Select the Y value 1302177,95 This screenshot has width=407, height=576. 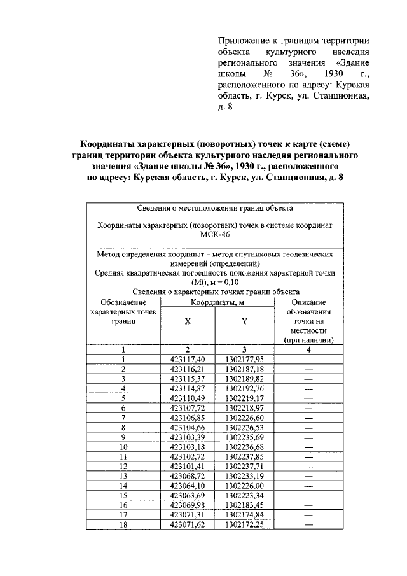pyautogui.click(x=244, y=359)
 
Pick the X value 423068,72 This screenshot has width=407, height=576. pyautogui.click(x=188, y=475)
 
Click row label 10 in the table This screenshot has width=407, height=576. pyautogui.click(x=123, y=446)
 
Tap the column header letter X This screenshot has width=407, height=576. pyautogui.click(x=188, y=321)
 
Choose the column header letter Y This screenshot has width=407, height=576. pyautogui.click(x=244, y=321)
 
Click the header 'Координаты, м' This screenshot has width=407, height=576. pyautogui.click(x=216, y=302)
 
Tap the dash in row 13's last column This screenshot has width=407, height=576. pyautogui.click(x=309, y=475)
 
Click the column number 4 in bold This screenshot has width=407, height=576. pyautogui.click(x=309, y=349)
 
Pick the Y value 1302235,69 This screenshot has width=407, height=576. pyautogui.click(x=244, y=437)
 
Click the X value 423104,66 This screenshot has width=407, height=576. pyautogui.click(x=188, y=427)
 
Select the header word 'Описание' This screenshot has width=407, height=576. pyautogui.click(x=309, y=302)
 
